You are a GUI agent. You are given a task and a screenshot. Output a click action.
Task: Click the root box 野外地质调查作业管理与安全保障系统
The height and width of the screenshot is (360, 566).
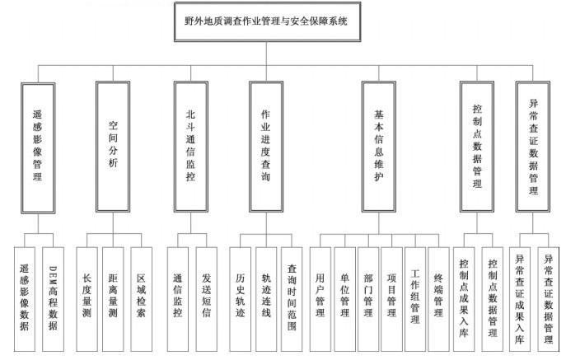tap(267, 21)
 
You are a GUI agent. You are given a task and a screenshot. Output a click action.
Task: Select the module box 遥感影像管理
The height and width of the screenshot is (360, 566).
tap(38, 148)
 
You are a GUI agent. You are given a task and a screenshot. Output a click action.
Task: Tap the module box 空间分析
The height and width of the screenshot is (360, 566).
tap(113, 147)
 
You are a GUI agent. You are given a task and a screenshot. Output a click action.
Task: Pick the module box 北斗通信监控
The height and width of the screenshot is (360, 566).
tap(190, 147)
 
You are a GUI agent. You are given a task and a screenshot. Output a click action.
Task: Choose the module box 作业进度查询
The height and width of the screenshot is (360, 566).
tap(266, 147)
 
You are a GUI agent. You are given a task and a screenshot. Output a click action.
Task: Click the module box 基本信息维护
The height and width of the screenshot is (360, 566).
tap(379, 147)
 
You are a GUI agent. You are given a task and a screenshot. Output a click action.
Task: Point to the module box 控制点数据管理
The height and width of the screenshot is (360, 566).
tap(477, 147)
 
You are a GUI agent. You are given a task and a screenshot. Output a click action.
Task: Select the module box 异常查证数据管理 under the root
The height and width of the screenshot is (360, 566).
tap(533, 147)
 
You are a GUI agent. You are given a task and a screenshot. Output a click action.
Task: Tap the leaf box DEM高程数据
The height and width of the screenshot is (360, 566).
tap(53, 299)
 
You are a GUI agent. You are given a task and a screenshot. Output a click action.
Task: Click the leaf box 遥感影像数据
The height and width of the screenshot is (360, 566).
tap(25, 299)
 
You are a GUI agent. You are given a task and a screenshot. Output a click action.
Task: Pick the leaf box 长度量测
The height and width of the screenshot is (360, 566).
tap(87, 299)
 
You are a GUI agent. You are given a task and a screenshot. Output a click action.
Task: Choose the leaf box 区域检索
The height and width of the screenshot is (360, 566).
tap(141, 299)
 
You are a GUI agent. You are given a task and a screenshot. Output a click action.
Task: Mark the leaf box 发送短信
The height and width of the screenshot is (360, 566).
tap(207, 299)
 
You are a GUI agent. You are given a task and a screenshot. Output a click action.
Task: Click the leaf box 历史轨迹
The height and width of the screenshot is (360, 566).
tap(240, 299)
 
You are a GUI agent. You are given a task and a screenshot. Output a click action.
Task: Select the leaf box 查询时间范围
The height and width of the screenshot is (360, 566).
tap(292, 299)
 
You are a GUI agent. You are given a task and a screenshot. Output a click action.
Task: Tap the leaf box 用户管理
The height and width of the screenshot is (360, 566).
tap(320, 299)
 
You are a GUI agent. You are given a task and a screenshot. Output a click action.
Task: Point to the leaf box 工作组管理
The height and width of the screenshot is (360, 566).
tap(415, 299)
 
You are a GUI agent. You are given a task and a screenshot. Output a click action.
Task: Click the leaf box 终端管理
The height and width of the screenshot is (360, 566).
tap(438, 299)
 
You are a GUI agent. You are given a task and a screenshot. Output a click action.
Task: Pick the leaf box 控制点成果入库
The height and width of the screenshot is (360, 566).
tap(464, 299)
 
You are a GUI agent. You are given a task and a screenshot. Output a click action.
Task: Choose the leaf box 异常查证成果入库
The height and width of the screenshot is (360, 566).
tap(520, 299)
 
